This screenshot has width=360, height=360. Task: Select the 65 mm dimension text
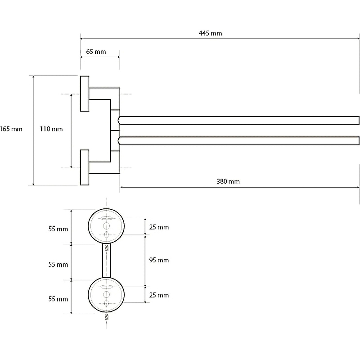coord(96,52)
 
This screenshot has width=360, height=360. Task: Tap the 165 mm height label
coord(11,129)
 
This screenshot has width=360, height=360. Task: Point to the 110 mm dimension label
coord(51,129)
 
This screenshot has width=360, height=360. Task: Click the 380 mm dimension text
coord(228,181)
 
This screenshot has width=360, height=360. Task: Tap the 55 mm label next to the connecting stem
coord(58,265)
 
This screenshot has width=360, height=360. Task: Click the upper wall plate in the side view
coord(85,94)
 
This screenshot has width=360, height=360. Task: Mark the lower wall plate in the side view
coord(85,167)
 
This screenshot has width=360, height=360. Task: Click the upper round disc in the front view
coord(107,226)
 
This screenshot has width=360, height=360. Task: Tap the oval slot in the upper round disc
coord(107,218)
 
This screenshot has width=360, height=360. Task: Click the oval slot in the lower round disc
coord(107,287)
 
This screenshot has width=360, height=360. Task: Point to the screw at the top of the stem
coord(107,248)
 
